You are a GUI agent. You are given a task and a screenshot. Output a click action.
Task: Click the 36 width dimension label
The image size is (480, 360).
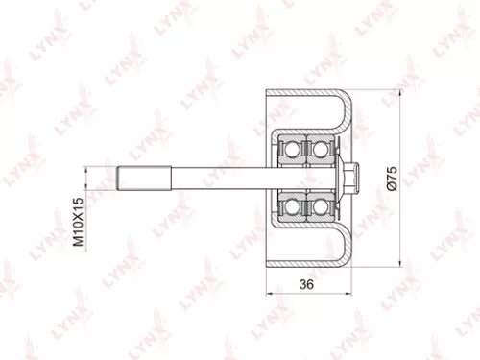coord(307,285)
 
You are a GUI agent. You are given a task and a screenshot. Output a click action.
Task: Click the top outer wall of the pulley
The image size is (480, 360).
coord(307,95)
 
